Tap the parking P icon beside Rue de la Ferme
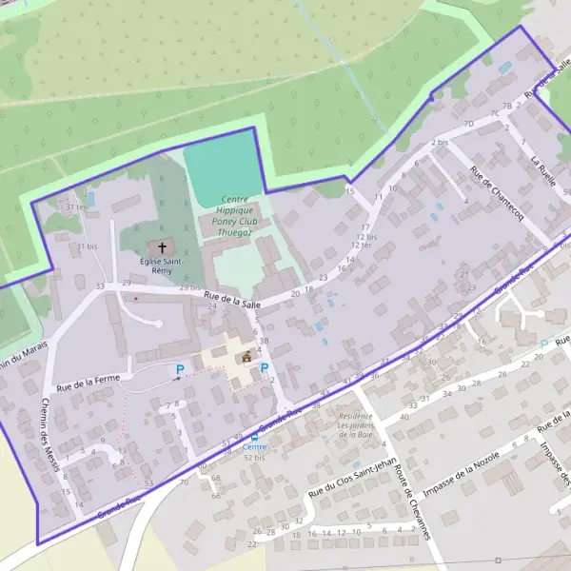coord(179,369)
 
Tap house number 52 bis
coord(254,458)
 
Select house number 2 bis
coord(440,142)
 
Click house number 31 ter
coord(75,207)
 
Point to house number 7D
coord(467,124)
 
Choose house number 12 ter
coord(359,245)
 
